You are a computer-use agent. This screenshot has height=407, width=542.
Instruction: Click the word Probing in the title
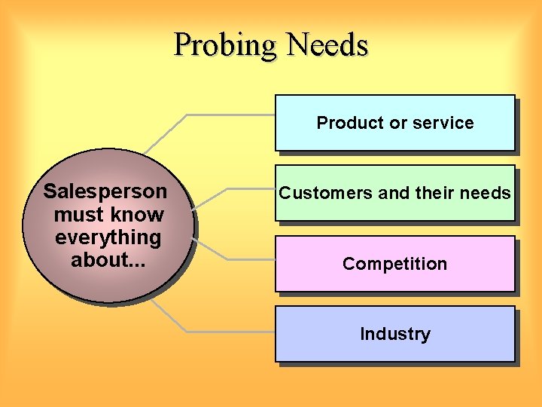[226, 45]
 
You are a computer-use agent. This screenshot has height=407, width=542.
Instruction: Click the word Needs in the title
[328, 45]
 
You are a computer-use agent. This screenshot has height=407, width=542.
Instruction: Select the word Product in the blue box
[345, 123]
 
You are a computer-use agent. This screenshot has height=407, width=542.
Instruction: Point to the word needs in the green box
[486, 193]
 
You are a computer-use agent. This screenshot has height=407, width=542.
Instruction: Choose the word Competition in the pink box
[394, 264]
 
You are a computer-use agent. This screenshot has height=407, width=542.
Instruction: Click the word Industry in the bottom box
[394, 334]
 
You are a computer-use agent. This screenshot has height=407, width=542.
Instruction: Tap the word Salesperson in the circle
[105, 191]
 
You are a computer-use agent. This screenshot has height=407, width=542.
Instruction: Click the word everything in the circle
[108, 237]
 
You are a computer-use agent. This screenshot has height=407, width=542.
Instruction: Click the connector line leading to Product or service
[226, 115]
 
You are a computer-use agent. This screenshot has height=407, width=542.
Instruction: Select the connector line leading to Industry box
[226, 331]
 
